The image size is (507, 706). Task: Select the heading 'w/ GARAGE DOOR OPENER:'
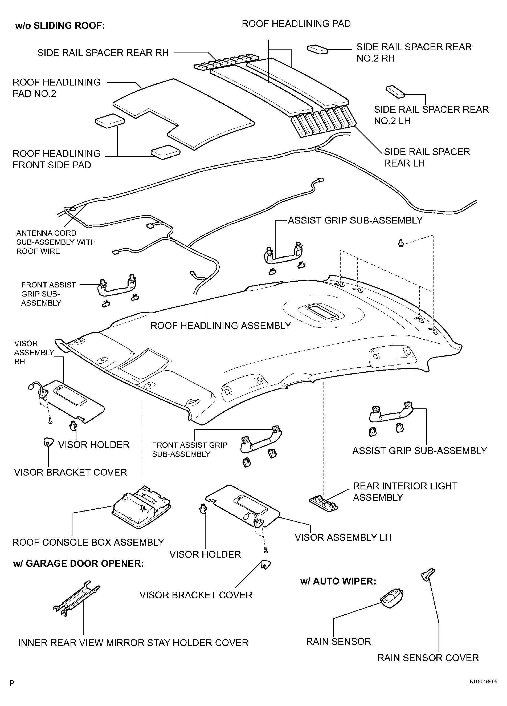(78, 564)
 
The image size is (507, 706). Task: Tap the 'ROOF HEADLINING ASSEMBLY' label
(221, 326)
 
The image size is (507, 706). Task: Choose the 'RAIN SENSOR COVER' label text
(428, 658)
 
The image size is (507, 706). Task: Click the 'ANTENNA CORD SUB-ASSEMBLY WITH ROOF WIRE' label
(56, 242)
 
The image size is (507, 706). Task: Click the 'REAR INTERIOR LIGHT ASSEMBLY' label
(405, 492)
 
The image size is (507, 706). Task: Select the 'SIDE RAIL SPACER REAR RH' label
(103, 52)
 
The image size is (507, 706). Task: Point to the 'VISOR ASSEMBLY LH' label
(343, 537)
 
